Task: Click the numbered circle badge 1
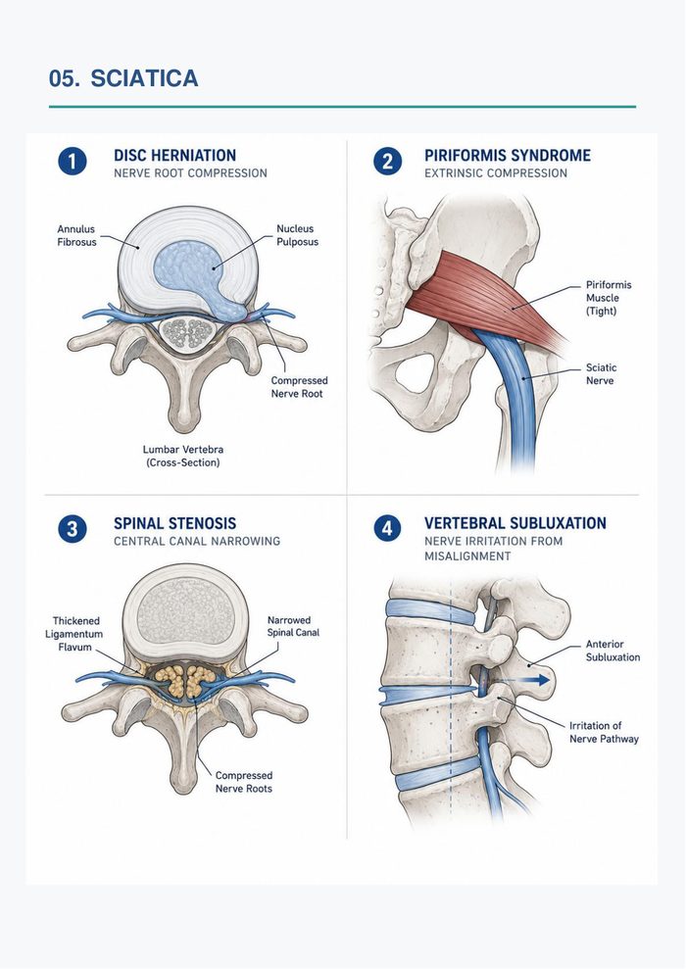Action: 73,162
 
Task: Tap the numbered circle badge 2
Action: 387,162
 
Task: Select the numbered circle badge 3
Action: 73,530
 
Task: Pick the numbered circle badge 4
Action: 387,529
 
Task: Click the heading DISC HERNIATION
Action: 174,155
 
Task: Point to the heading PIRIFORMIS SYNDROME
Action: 508,155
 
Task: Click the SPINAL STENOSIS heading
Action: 174,523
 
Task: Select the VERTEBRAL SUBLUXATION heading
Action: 515,523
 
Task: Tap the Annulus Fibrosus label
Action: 77,235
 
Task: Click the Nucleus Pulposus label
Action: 297,235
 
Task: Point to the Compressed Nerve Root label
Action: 299,387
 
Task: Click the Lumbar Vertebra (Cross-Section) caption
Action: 183,456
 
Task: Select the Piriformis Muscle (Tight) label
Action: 609,298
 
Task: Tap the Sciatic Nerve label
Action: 602,374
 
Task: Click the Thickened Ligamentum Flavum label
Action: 74,634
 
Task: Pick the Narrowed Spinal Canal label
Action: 293,626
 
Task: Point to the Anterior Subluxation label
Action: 612,651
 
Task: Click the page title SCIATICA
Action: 144,78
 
